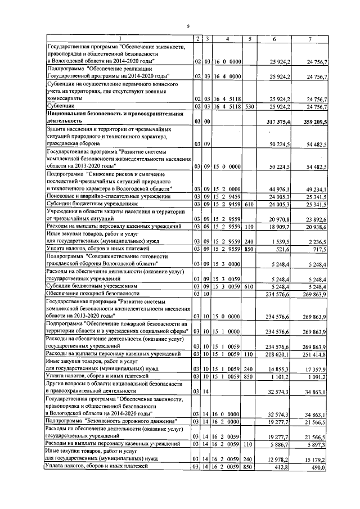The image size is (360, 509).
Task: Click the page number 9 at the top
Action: coord(188,25)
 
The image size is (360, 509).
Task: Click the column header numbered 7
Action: coord(309,38)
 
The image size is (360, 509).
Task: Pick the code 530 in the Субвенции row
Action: coord(249,106)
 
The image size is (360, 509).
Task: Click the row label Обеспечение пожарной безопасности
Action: coord(93,293)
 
